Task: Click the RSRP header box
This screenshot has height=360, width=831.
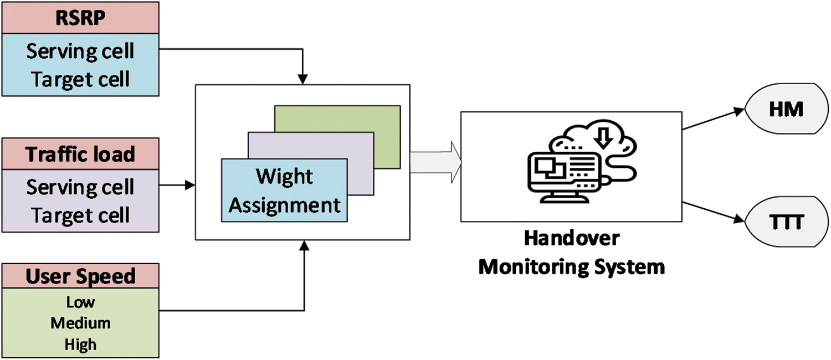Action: tap(80, 17)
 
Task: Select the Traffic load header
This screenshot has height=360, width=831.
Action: tap(80, 154)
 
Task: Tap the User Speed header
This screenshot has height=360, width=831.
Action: tap(80, 276)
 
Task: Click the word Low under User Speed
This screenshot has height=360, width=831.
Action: tap(80, 302)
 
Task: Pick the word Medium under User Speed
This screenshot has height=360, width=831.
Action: tap(80, 323)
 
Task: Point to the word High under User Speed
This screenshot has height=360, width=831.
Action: tap(80, 344)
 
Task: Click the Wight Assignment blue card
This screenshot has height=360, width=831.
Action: tap(284, 191)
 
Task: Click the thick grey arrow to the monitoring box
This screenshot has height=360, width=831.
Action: tap(435, 162)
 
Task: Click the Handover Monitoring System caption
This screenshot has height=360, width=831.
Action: tap(571, 253)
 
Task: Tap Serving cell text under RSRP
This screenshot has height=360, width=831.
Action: tap(80, 52)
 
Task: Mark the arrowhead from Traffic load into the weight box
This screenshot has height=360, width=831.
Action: tap(191, 186)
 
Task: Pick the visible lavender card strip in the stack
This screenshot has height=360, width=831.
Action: tap(360, 166)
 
